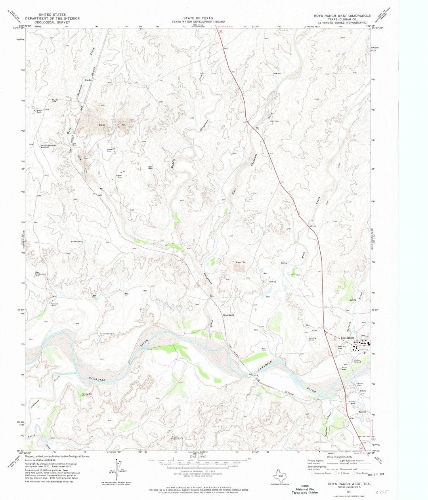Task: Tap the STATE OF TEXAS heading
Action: click(198, 18)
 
